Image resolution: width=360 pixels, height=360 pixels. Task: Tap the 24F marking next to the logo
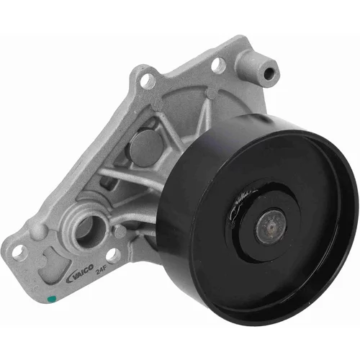pos(101,271)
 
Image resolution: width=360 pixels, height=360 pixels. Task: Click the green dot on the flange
pos(52,299)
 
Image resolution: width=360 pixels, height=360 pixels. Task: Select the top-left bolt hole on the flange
pos(147,80)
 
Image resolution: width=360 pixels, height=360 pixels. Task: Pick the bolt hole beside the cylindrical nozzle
pos(219,64)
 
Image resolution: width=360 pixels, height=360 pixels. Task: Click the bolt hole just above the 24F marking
pos(113,256)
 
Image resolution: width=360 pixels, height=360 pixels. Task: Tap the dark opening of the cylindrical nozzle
pos(269,73)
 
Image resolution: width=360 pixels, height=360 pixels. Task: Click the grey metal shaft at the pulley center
pos(271,225)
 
